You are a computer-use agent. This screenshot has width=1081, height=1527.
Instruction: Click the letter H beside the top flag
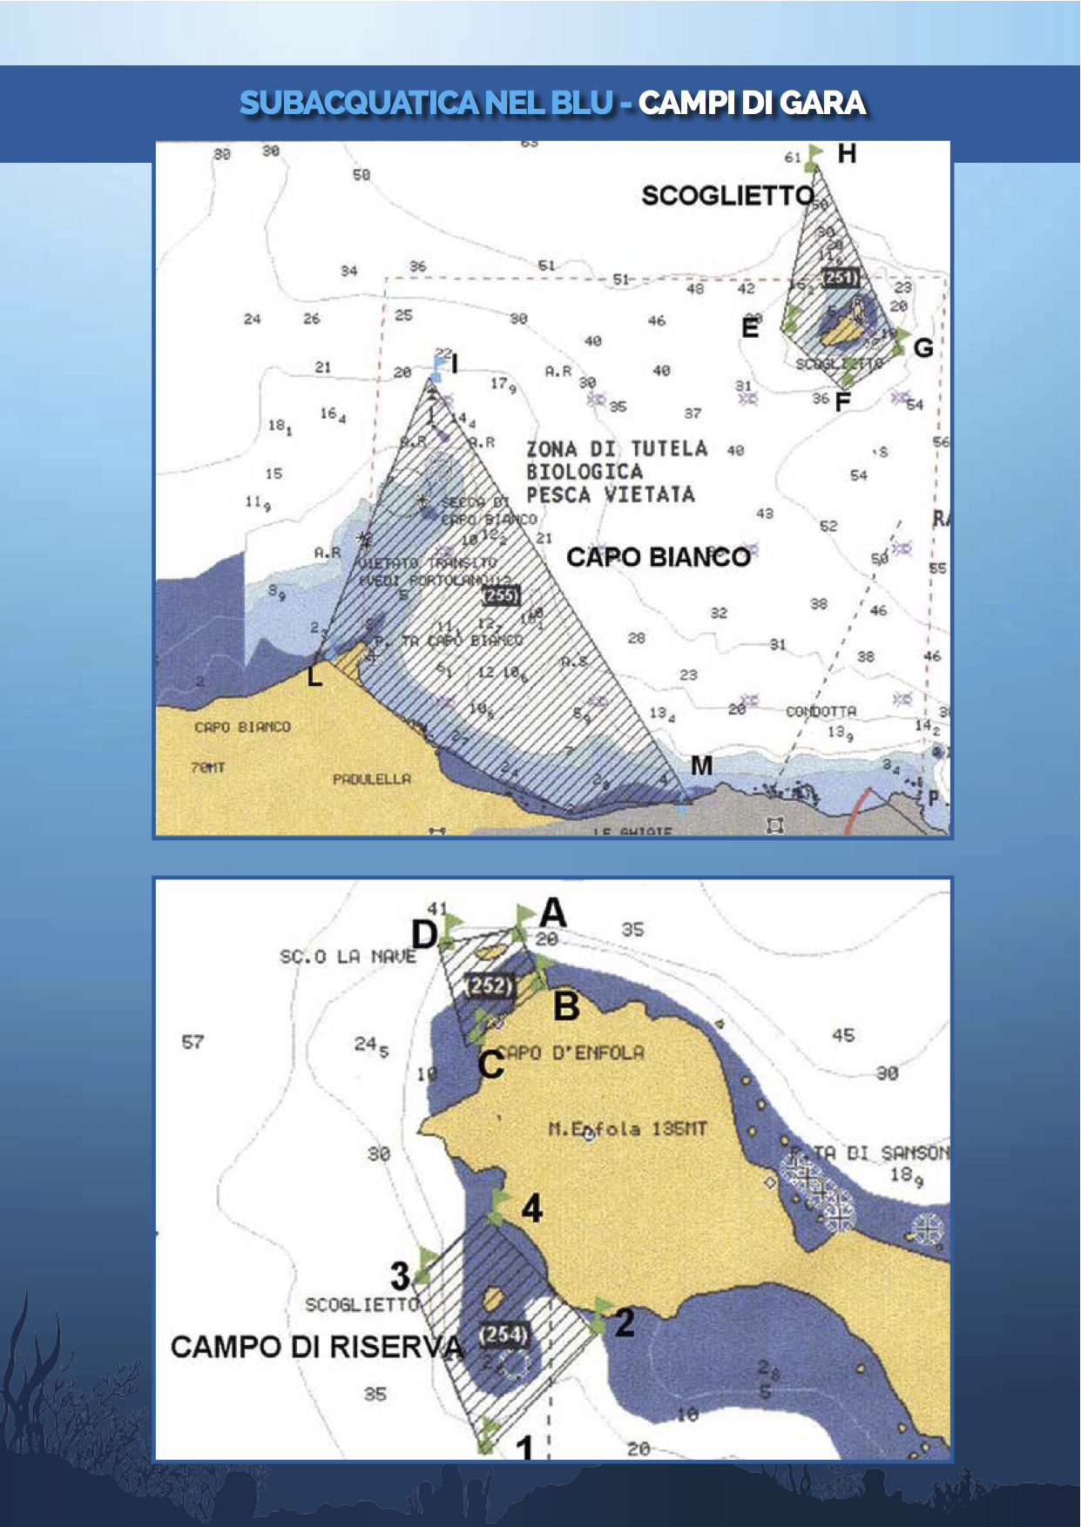[847, 154]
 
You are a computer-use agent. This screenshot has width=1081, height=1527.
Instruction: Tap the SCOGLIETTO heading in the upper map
[728, 196]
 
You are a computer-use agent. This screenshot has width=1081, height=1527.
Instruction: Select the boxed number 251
[841, 278]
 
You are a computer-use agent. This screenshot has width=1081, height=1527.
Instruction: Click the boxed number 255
[502, 595]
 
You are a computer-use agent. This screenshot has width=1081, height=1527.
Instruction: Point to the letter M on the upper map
[701, 765]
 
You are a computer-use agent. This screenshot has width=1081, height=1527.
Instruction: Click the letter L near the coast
[315, 675]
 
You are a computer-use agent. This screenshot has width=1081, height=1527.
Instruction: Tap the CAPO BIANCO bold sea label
[659, 557]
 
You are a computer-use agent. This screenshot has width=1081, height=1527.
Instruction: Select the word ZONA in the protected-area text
[551, 449]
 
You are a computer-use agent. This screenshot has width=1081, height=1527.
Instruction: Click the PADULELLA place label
[371, 778]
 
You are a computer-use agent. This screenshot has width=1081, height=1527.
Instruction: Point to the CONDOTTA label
[821, 711]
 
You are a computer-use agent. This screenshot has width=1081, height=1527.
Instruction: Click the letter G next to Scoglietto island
[923, 348]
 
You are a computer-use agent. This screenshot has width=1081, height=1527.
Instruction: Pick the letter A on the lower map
[553, 913]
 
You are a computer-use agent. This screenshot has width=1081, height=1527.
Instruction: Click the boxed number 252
[490, 985]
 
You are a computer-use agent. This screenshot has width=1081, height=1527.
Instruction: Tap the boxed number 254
[503, 1335]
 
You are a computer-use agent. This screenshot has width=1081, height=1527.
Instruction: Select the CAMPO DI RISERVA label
[317, 1347]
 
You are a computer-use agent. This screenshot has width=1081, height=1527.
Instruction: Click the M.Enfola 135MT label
[627, 1129]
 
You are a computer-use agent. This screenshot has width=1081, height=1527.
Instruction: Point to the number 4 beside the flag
[531, 1208]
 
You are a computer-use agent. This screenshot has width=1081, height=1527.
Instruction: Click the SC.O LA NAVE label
[348, 957]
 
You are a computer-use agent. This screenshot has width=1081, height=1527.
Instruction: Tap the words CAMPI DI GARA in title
[752, 103]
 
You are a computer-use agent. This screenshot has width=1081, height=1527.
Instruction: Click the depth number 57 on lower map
[193, 1042]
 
